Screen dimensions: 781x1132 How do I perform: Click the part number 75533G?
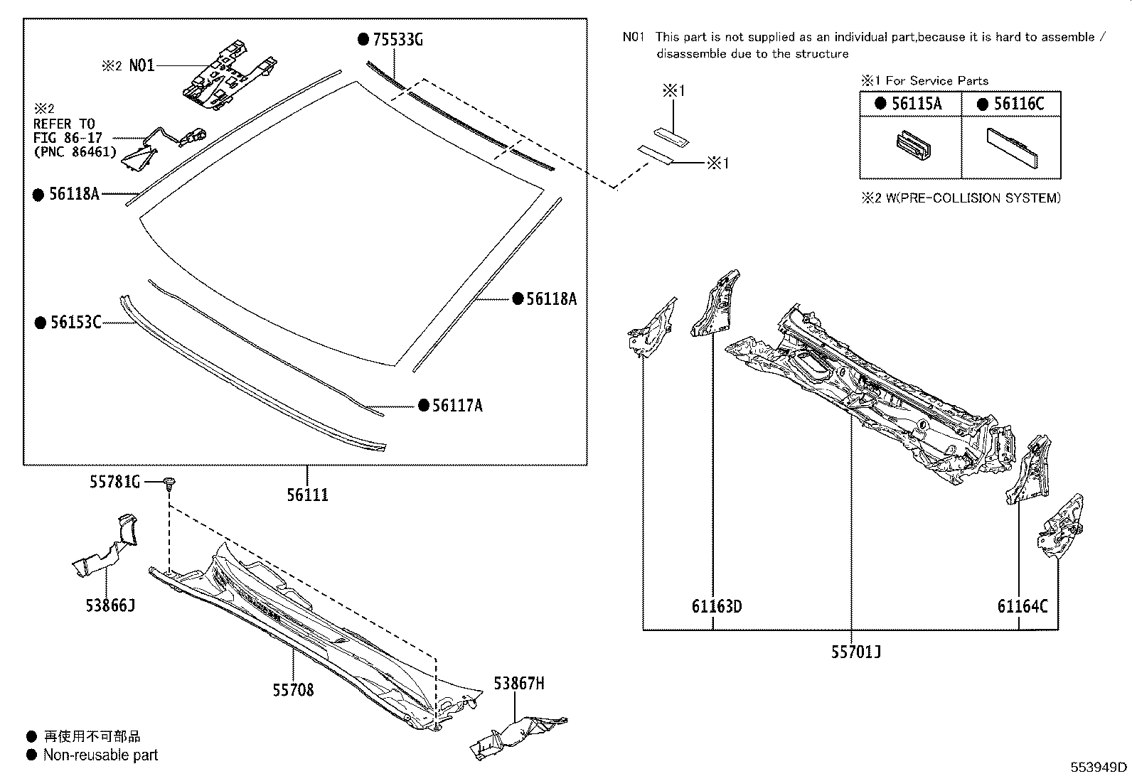(x=397, y=40)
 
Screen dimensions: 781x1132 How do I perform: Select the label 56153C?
(x=75, y=323)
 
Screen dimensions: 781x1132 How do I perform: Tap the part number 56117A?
(x=457, y=406)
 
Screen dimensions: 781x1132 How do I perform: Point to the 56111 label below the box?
(x=307, y=495)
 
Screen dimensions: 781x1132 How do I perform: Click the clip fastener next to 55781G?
(x=169, y=484)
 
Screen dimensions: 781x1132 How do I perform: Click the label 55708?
(x=293, y=689)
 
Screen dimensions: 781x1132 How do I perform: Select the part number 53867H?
(x=519, y=684)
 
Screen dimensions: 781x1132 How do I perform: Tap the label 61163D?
(x=717, y=606)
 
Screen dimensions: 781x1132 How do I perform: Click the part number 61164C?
(x=1022, y=606)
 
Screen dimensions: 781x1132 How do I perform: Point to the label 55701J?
(x=856, y=651)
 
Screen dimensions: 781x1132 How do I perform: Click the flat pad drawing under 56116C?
(x=1011, y=149)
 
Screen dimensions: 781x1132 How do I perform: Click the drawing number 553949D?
(x=1099, y=767)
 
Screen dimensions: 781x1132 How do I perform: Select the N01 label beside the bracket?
(x=141, y=66)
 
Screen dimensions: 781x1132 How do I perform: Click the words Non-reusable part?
(x=100, y=755)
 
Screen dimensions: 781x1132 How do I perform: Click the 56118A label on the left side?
(x=74, y=193)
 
